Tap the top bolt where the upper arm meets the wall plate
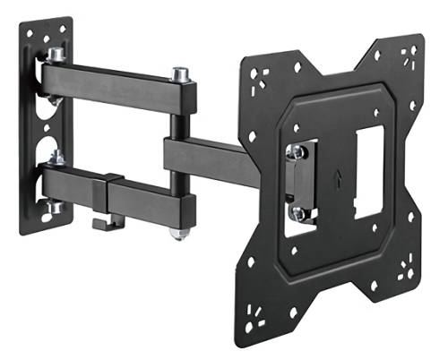click(56, 56)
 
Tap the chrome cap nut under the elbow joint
click(180, 234)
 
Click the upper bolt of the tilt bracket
click(297, 152)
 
